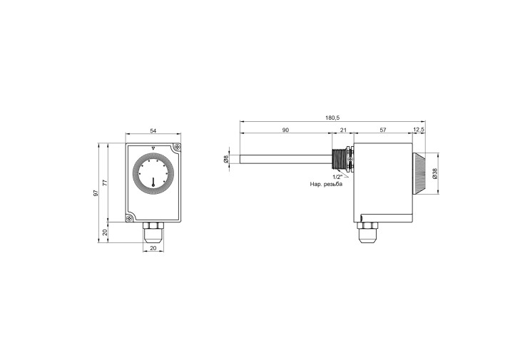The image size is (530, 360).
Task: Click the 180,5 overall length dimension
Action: (x=332, y=118)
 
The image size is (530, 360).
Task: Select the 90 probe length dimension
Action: (x=285, y=130)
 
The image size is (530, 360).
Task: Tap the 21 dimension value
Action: (x=343, y=130)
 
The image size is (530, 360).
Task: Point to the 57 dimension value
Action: (x=383, y=130)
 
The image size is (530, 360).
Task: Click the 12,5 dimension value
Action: (x=419, y=130)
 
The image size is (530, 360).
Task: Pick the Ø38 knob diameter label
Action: (x=434, y=173)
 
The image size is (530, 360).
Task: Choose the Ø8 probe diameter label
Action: (x=226, y=159)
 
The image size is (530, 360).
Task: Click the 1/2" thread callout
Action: (x=337, y=178)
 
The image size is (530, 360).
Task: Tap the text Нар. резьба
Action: (x=326, y=184)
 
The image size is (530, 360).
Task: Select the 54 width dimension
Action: (x=153, y=131)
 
